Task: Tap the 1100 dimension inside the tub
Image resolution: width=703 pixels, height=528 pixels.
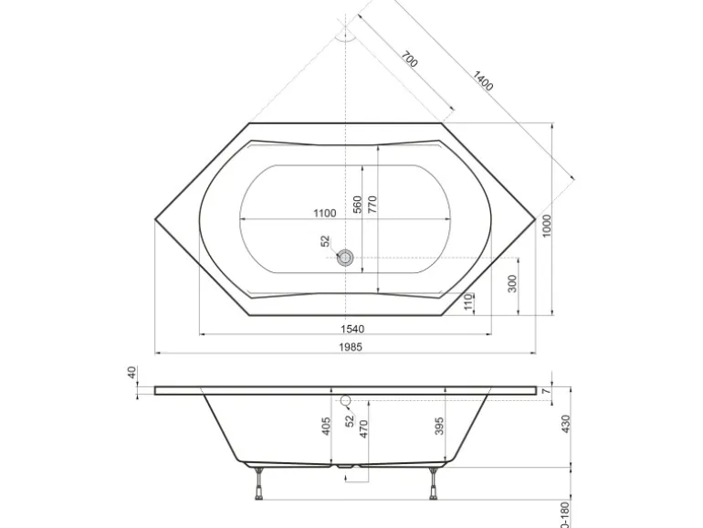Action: [324, 213]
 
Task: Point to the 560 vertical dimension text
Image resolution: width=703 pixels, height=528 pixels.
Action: [358, 204]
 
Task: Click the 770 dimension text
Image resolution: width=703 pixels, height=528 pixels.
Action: [372, 204]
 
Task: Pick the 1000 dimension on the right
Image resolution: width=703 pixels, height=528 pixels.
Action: [547, 226]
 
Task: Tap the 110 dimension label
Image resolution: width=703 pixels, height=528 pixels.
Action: [468, 301]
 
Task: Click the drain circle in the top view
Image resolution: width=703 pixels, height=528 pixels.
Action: [345, 258]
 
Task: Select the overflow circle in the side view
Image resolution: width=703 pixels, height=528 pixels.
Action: [345, 401]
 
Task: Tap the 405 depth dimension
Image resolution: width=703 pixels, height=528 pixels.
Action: [326, 427]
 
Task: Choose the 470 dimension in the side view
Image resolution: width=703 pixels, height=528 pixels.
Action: [362, 429]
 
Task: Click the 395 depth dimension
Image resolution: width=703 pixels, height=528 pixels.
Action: [438, 427]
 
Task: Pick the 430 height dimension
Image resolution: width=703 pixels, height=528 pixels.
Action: [565, 424]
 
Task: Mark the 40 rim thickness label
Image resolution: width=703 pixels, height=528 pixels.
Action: [131, 373]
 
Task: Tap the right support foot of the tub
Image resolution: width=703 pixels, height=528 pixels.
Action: [431, 484]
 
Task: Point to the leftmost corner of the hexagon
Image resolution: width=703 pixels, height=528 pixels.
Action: [155, 219]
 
